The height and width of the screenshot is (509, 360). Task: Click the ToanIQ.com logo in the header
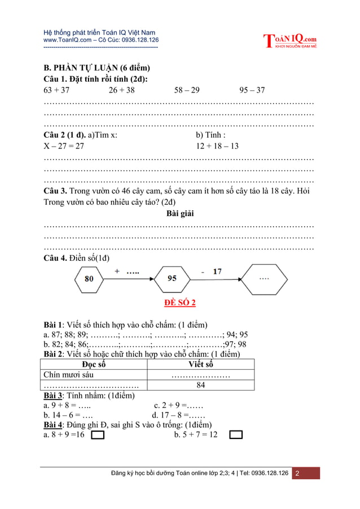[289, 41]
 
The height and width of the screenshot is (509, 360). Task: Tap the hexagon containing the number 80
[89, 278]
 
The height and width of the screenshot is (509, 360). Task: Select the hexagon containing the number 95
[172, 278]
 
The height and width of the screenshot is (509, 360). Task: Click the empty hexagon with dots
[264, 278]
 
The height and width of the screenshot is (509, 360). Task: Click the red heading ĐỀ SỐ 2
[180, 303]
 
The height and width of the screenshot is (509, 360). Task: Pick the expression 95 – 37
[252, 90]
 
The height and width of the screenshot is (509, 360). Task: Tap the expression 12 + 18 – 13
[217, 146]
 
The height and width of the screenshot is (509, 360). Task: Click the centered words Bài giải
[180, 213]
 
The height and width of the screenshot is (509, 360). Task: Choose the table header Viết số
[200, 364]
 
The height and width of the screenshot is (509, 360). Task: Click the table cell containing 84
[200, 385]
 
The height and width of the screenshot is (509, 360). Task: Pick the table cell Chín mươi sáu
[69, 375]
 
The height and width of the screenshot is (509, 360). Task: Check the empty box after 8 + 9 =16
[98, 435]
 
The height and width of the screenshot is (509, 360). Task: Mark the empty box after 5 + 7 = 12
[236, 435]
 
